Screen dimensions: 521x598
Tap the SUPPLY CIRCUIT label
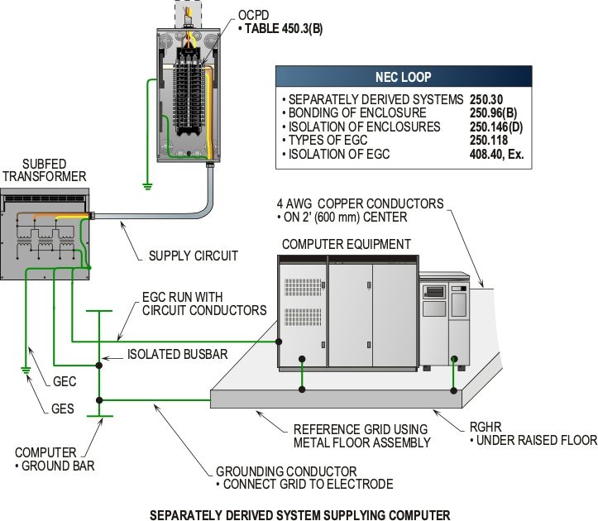(x=193, y=256)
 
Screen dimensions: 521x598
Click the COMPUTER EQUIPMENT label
(x=346, y=244)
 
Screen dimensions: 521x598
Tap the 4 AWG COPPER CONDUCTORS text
(x=361, y=203)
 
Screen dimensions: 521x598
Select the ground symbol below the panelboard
(x=148, y=186)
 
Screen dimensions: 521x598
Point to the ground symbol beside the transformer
(x=26, y=370)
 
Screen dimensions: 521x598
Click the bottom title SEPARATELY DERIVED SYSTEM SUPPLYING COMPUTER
(x=299, y=513)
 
